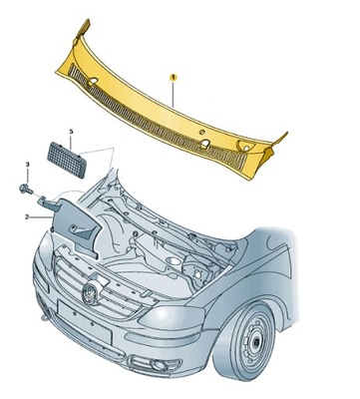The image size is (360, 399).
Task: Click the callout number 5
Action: [x=71, y=131]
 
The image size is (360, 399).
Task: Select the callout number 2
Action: [x=27, y=214]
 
